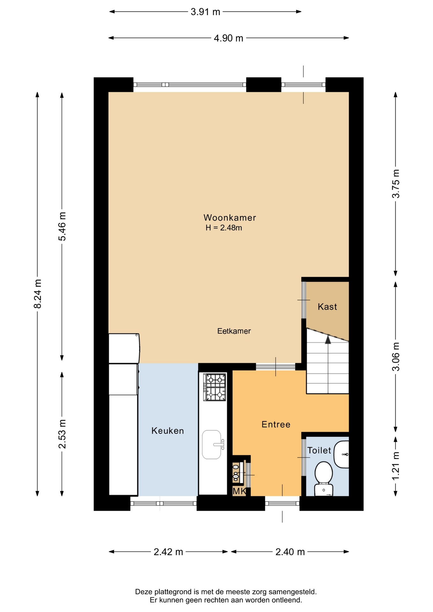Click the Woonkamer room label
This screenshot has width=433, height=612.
(x=230, y=218)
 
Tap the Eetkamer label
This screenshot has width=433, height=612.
(x=234, y=331)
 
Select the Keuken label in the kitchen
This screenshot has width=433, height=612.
(x=168, y=431)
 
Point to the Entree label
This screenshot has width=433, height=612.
(x=276, y=425)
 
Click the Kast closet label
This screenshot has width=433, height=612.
(x=327, y=307)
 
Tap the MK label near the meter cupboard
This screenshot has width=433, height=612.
(x=239, y=491)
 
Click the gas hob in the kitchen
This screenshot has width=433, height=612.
(x=215, y=387)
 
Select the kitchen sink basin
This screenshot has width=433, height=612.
(x=212, y=445)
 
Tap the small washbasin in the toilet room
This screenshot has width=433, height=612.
(x=341, y=455)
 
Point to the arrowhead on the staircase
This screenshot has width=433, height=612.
(x=328, y=340)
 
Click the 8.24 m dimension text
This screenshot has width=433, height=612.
(x=38, y=294)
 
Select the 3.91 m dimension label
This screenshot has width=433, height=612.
(x=205, y=12)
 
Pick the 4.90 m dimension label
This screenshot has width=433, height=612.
(x=228, y=38)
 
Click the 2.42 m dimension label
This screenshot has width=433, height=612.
(x=168, y=552)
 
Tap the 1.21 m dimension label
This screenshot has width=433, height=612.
(x=395, y=466)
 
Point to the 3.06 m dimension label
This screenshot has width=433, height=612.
(x=395, y=357)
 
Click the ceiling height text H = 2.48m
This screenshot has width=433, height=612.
(x=224, y=228)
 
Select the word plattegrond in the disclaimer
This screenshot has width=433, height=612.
(x=173, y=592)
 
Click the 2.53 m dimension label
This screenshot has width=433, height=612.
(x=62, y=434)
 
